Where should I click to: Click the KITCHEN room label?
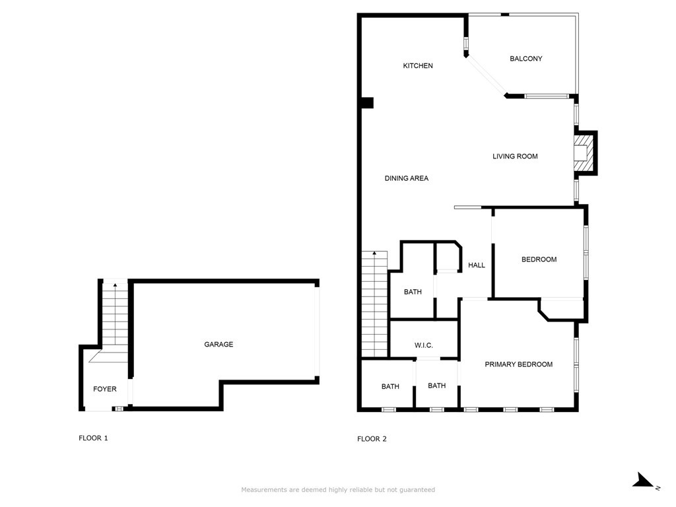pos(418,66)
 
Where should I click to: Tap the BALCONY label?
pos(525,59)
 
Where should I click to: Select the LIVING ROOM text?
pos(515,156)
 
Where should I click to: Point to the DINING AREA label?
pos(407,178)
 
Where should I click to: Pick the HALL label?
pos(477,265)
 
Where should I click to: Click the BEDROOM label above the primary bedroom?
pos(539,259)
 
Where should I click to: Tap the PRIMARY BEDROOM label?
pos(518,364)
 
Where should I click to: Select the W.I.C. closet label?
pos(423,346)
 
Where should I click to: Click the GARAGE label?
pos(219,345)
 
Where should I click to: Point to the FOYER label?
pos(104,389)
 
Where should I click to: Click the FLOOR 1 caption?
pos(93,438)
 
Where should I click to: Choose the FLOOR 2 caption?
pos(372,439)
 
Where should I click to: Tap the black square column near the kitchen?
pos(367,103)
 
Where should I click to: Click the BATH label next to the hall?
pos(413,292)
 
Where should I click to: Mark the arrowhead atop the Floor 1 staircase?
pos(116,285)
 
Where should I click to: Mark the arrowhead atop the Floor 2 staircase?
pos(374,253)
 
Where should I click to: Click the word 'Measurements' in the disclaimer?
pos(263,490)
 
